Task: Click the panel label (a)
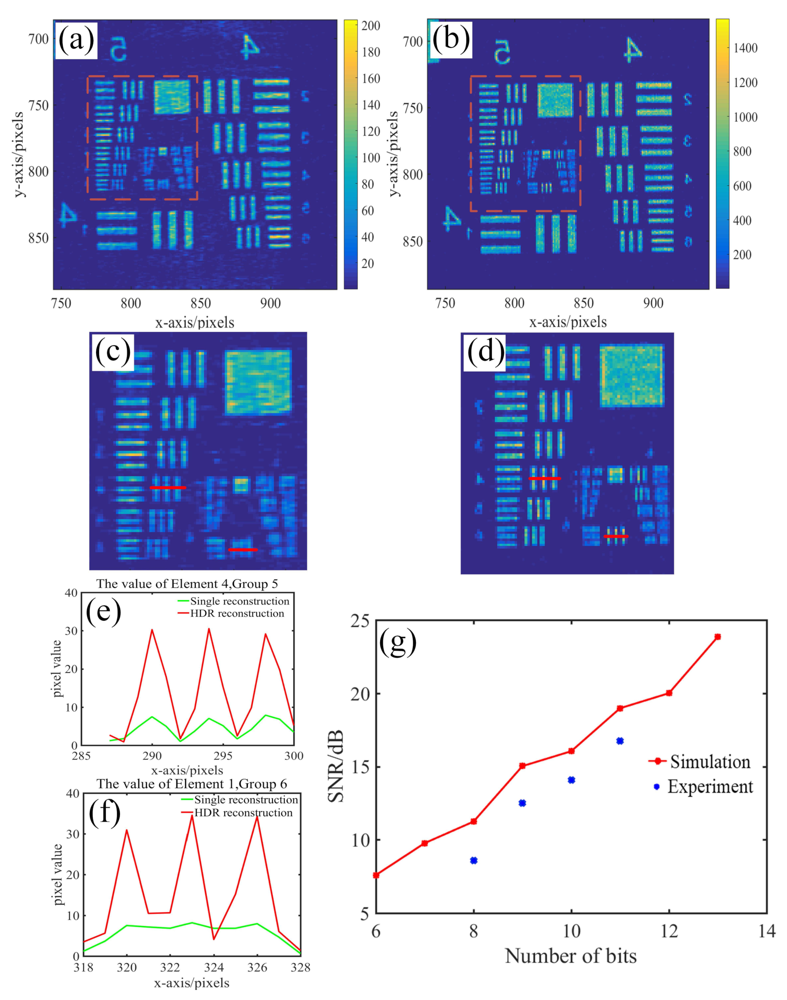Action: tap(76, 40)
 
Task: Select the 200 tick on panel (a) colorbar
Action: tap(370, 26)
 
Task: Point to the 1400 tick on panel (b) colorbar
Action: tap(745, 48)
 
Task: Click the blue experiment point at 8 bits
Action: tap(474, 860)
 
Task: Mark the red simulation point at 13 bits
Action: tap(717, 637)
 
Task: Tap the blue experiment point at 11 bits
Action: tap(620, 741)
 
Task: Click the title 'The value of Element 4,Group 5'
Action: tap(187, 584)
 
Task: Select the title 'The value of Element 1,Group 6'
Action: tap(192, 784)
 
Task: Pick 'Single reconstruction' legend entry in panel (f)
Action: tap(245, 800)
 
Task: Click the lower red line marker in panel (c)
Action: tap(243, 550)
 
